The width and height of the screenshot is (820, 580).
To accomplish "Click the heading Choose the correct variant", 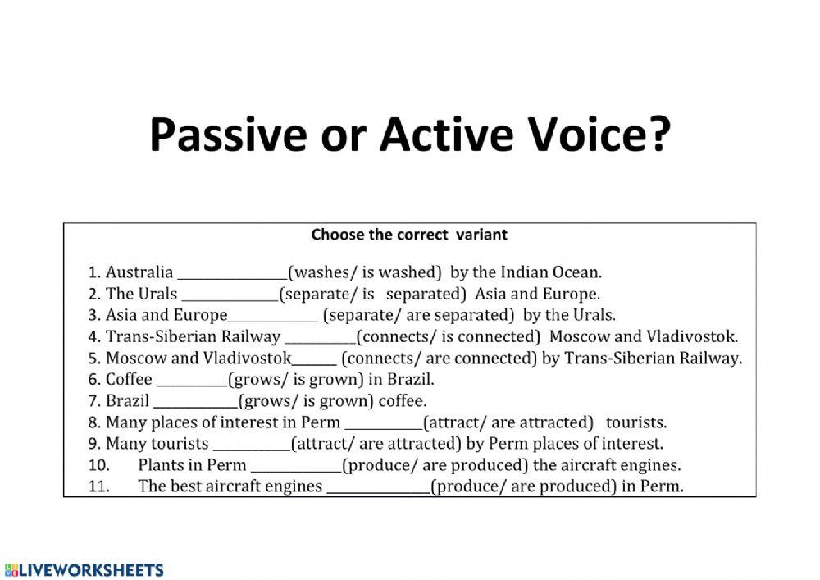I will [409, 235].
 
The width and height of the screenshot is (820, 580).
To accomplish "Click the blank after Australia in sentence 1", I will [232, 274].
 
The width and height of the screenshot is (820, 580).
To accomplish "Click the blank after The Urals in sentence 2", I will [230, 295].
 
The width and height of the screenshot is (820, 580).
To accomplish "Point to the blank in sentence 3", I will [273, 317].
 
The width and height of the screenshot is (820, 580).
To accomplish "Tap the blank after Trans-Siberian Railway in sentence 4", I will [320, 338].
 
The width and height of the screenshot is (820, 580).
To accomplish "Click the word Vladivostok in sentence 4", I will [692, 336].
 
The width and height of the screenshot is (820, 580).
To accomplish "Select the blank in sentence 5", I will [314, 359].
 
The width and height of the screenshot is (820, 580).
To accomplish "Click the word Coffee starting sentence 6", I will [129, 380].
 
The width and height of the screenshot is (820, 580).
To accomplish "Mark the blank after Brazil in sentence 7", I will [195, 403].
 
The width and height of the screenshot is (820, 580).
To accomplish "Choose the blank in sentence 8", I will [384, 424].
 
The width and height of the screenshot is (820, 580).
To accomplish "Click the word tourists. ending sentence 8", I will [636, 422].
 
